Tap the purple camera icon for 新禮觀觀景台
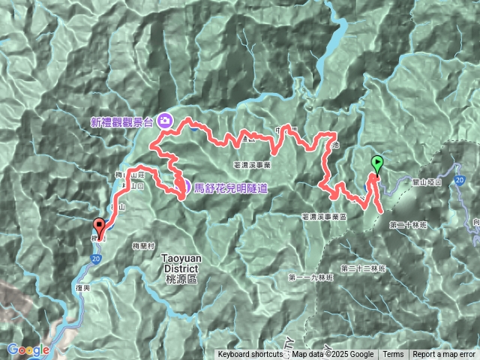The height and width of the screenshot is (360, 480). tap(166, 120)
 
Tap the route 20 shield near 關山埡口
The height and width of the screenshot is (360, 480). tap(457, 181)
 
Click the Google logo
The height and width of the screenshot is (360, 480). tap(28, 349)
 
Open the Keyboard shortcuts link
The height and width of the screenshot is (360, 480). tap(250, 355)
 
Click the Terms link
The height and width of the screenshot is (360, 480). tap(393, 355)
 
